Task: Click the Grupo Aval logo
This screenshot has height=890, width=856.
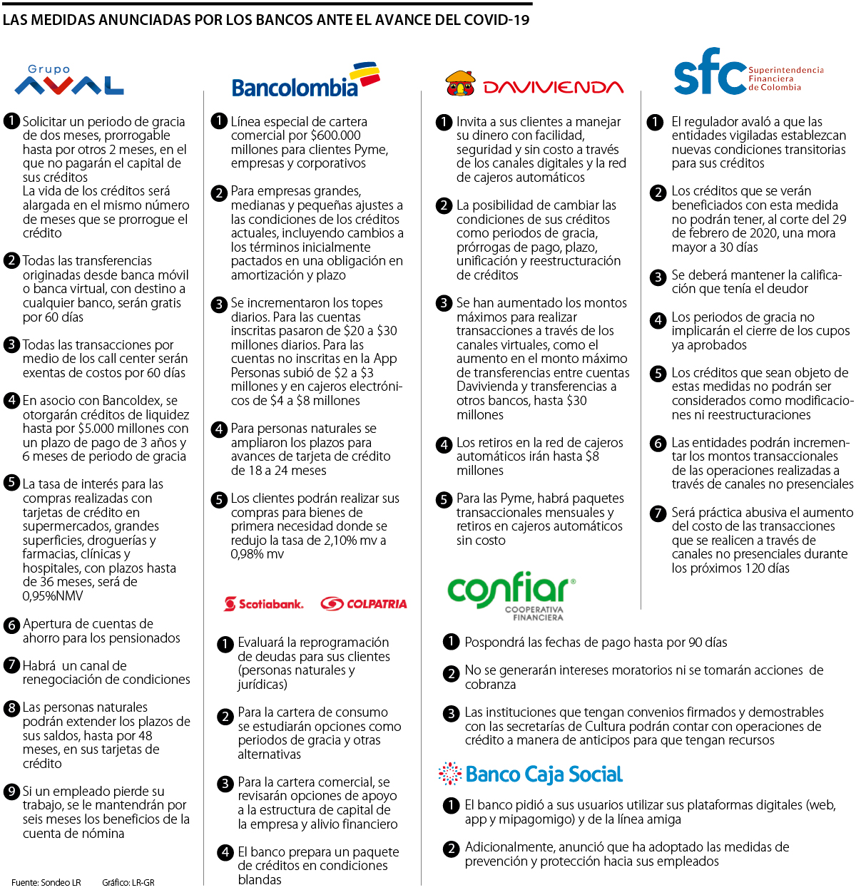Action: [69, 81]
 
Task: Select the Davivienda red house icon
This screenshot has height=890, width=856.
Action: [460, 83]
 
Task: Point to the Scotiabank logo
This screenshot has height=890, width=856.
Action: [264, 604]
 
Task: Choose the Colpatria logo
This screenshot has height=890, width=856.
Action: [364, 604]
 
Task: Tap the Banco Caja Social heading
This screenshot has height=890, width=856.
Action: [531, 774]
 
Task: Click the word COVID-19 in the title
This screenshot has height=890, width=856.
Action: [496, 20]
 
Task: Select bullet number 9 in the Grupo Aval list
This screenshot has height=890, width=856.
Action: [11, 792]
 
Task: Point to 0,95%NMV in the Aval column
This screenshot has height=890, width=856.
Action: [53, 596]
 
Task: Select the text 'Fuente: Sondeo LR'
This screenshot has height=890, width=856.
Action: [46, 883]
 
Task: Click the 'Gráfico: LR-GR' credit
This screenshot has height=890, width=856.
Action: [128, 883]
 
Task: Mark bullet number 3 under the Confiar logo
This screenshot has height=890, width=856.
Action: [451, 713]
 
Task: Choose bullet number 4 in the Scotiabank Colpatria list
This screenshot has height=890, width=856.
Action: [225, 852]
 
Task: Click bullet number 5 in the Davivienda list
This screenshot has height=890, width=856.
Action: [444, 499]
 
